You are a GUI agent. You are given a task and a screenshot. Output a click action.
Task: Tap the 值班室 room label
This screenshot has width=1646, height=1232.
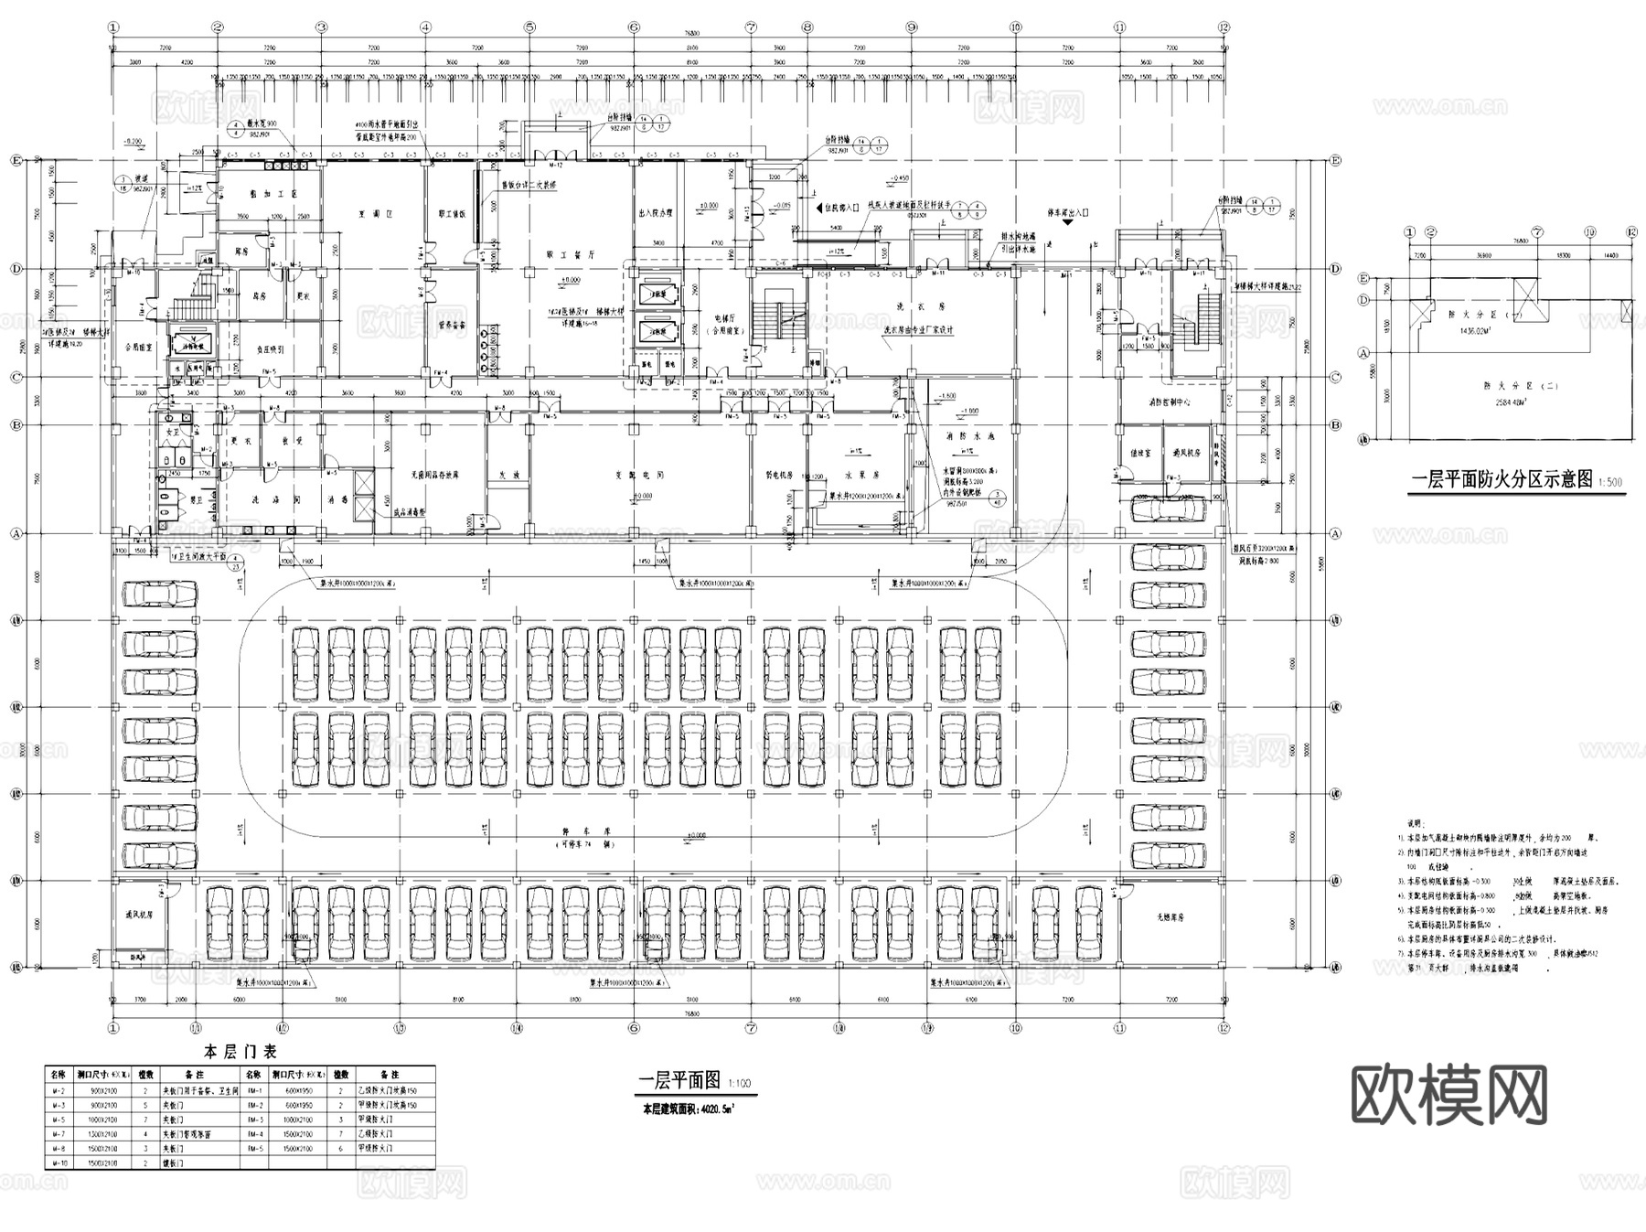pos(1140,452)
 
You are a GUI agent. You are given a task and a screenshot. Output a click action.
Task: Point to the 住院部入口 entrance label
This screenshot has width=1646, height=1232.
pos(836,208)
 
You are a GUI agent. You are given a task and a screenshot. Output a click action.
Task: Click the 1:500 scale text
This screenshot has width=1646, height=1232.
pos(1610,482)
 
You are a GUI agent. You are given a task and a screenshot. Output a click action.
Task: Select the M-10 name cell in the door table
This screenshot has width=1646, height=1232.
pos(58,1162)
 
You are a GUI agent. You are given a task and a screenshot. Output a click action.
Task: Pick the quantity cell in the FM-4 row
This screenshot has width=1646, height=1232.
pos(340,1133)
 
